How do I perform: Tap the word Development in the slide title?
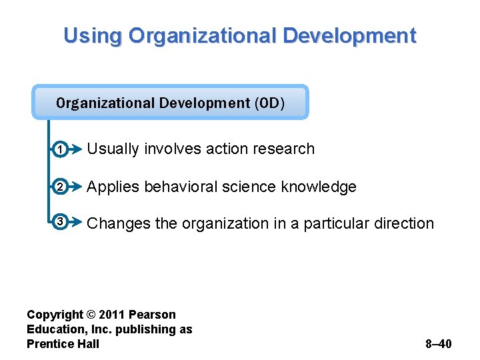(x=349, y=35)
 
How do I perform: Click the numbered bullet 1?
(x=59, y=151)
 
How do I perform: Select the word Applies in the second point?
(x=113, y=187)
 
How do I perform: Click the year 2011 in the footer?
(x=113, y=315)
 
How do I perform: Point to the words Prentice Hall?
(x=63, y=344)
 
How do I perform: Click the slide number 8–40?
(x=438, y=344)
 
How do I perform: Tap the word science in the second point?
(x=247, y=187)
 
